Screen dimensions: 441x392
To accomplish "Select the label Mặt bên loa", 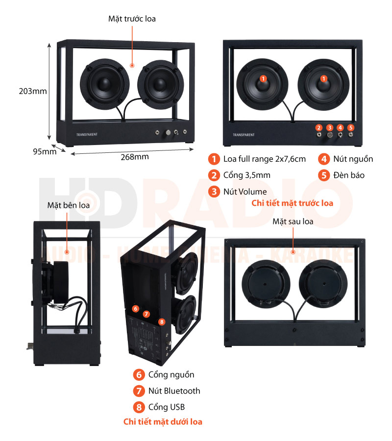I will pos(69,205).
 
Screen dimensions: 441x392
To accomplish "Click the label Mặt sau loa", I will pos(293,221).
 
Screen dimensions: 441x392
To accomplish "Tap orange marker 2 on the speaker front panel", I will pos(319,127).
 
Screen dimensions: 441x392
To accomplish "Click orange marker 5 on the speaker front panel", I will pos(351,127).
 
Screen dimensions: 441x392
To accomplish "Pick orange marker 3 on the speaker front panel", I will pos(330,127).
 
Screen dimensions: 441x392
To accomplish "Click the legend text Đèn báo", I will pos(348,175).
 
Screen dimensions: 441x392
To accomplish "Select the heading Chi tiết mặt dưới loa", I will pos(163,421).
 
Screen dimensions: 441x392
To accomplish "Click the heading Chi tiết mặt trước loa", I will pos(292,203).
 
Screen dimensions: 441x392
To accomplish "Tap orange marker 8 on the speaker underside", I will pos(162,321).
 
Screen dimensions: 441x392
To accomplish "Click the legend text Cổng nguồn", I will pos(171,374).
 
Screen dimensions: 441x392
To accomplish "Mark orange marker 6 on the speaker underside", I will pos(136,309).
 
